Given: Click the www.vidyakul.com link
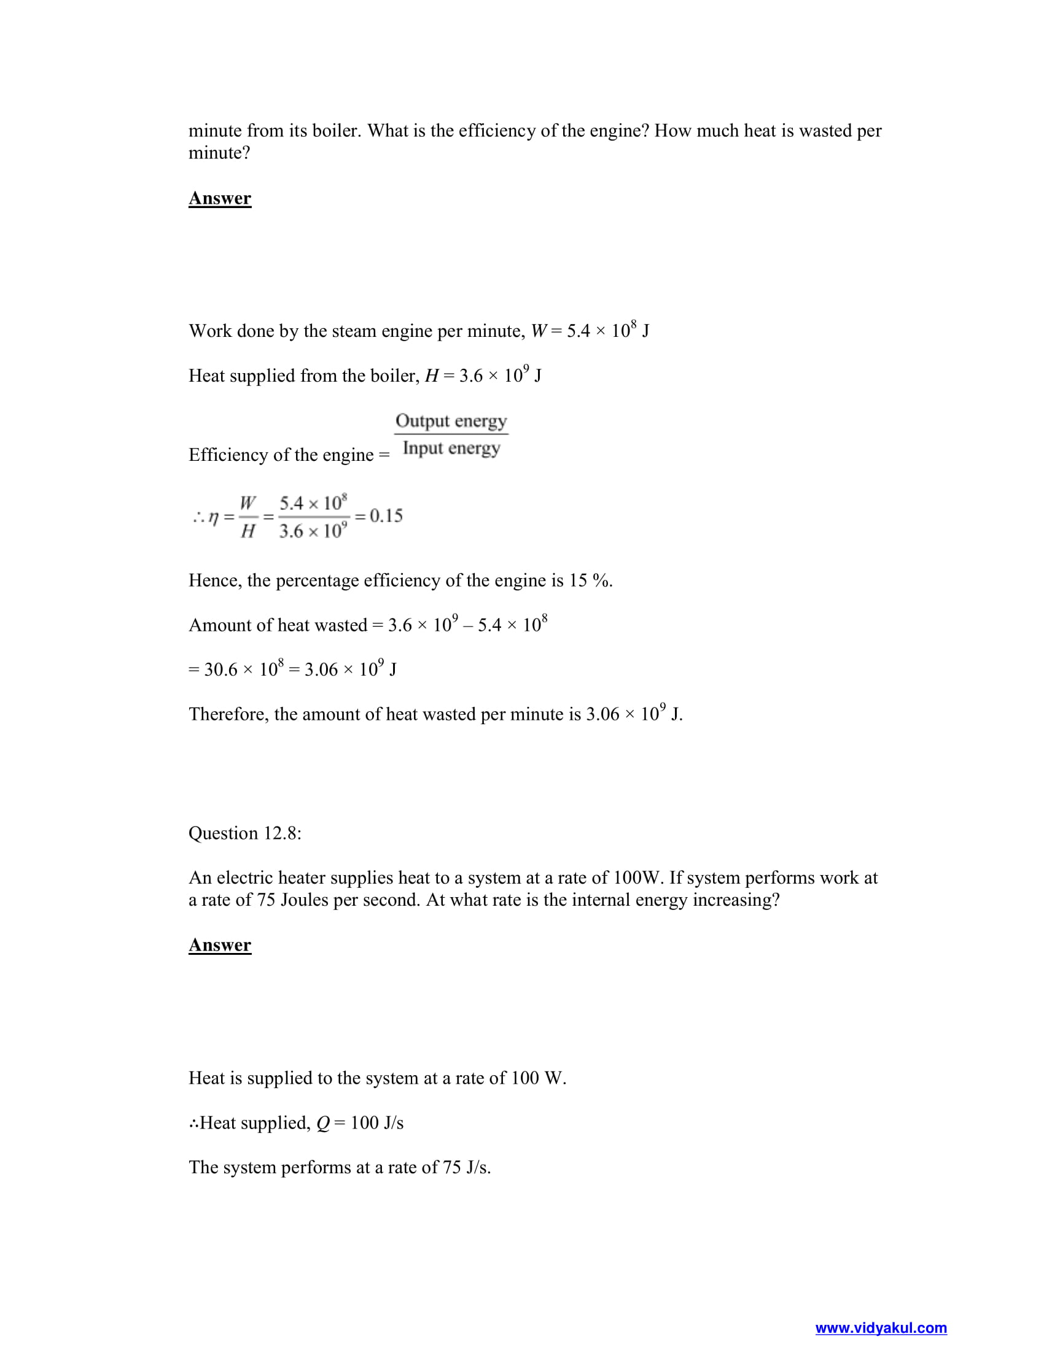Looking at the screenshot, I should (x=880, y=1328).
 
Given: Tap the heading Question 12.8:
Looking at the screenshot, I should (x=245, y=833).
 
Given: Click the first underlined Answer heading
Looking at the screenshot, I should (x=220, y=198).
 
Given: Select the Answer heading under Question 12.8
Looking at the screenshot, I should (x=220, y=944).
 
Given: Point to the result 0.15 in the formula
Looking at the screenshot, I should (x=386, y=515).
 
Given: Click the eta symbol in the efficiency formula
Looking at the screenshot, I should (x=213, y=517).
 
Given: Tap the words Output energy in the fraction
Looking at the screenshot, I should (x=451, y=421).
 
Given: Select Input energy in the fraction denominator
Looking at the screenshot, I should (x=451, y=447).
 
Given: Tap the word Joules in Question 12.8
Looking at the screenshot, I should (x=304, y=900).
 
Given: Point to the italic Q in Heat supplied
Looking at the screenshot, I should (x=323, y=1122).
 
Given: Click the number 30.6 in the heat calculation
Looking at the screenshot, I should (x=221, y=669).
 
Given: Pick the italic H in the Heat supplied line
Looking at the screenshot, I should (x=432, y=376).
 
